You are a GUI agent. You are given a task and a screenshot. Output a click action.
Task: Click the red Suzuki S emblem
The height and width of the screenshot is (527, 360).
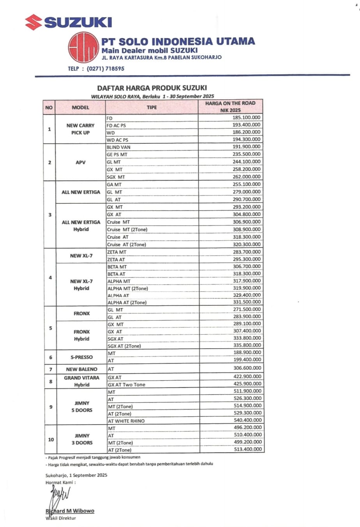(x=34, y=22)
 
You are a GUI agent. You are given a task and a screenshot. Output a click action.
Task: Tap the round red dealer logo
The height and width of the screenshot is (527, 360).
(x=83, y=48)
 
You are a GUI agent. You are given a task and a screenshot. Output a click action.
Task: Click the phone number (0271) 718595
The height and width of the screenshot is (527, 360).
(x=106, y=69)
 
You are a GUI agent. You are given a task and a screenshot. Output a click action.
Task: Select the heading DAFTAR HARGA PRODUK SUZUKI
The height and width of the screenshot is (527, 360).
(x=152, y=88)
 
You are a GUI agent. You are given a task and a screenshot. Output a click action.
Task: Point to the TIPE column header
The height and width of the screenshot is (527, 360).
(x=152, y=108)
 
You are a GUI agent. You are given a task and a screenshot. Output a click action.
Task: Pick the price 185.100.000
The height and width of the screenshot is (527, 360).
(x=247, y=118)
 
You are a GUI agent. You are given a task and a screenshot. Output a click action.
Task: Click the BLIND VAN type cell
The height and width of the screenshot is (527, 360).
(x=118, y=147)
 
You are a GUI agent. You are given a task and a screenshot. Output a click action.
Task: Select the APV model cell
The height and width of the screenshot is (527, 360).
(x=81, y=162)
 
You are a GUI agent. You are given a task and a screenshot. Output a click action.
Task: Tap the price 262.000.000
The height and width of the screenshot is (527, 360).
(x=247, y=176)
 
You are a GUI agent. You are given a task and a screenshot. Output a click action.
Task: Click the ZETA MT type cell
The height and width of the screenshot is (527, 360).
(x=117, y=252)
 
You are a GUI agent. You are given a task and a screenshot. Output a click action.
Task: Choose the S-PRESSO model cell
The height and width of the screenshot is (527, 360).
(x=82, y=357)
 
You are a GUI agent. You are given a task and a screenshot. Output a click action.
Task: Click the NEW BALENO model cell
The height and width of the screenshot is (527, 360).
(x=82, y=369)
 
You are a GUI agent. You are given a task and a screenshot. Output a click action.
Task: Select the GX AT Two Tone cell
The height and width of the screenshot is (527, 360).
(x=126, y=384)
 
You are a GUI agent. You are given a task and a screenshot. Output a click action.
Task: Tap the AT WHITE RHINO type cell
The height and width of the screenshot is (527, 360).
(x=126, y=421)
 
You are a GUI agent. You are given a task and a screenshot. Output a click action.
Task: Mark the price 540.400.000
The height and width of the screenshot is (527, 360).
(x=247, y=420)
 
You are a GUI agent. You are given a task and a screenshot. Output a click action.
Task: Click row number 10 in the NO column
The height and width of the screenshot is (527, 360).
(x=51, y=439)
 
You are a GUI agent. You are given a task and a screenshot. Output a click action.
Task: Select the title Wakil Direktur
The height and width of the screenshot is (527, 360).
(x=61, y=518)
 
